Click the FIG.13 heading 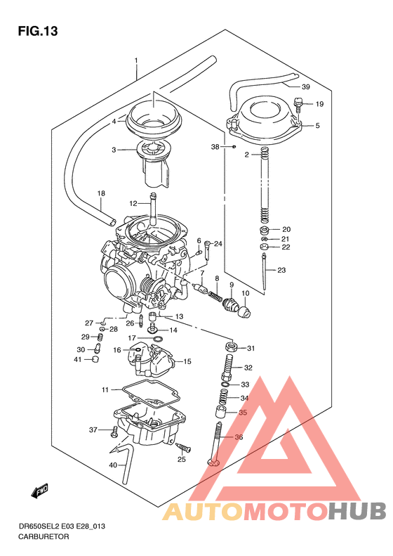point(37,31)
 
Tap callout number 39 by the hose point(305,87)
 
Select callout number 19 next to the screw point(319,105)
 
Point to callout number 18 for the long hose point(101,193)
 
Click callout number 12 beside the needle point(133,204)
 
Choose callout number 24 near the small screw point(218,244)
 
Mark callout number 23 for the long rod point(281,271)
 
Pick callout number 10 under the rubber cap point(245,293)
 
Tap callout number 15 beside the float point(187,362)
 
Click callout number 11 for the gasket point(105,389)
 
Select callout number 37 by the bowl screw point(93,430)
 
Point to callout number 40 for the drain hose point(112,465)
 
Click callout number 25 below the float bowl point(182,460)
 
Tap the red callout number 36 point(239,437)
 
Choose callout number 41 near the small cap point(78,360)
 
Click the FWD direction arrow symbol point(39,491)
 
